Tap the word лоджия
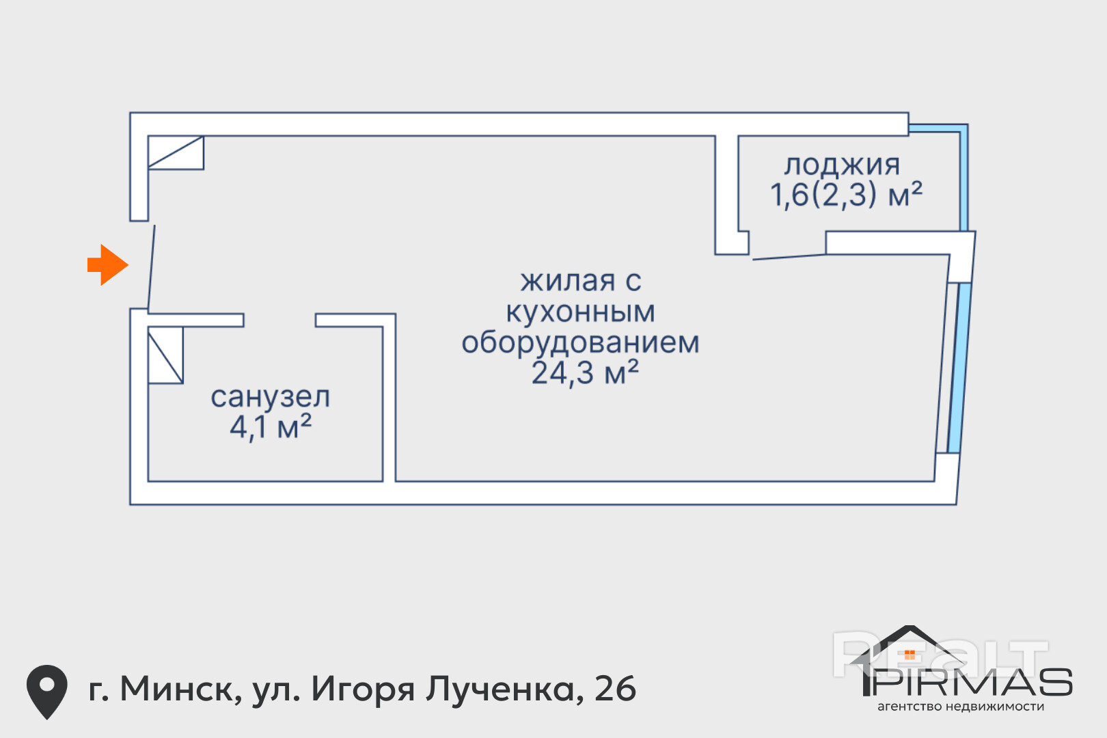842,165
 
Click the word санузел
270,397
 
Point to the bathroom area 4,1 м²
270,428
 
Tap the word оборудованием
580,342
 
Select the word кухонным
580,312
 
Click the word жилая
558,281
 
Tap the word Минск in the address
180,689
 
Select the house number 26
615,689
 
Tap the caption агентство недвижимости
960,707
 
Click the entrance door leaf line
152,266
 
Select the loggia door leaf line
789,257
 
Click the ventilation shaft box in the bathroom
165,355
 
